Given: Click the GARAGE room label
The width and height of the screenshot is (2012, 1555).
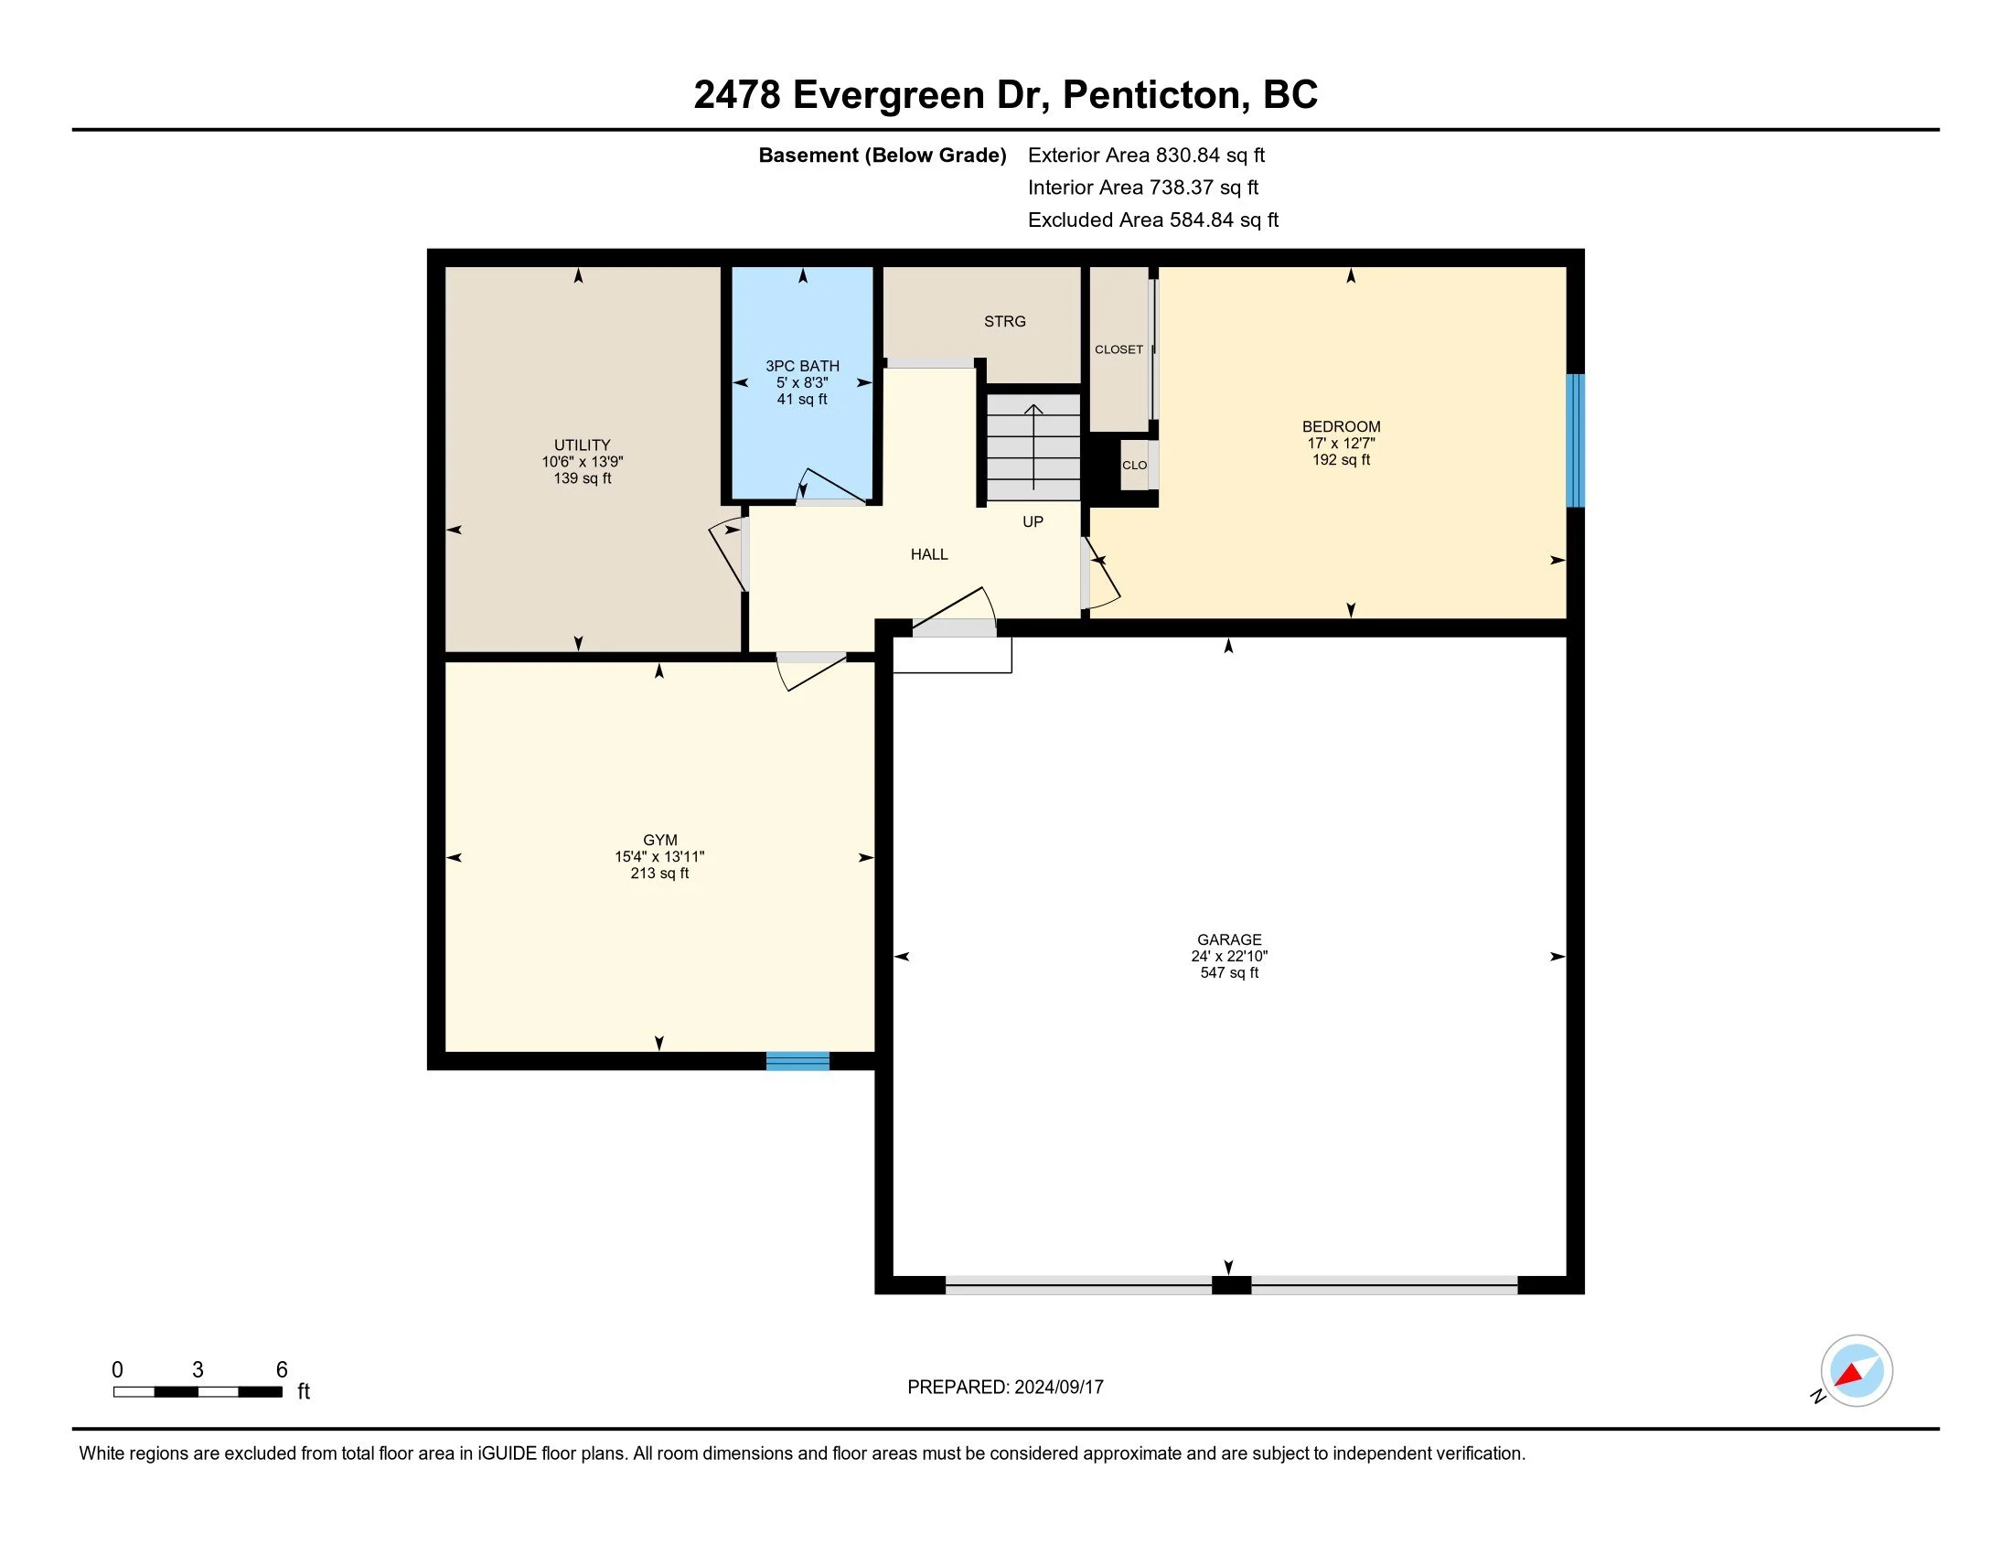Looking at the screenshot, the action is pos(1229,939).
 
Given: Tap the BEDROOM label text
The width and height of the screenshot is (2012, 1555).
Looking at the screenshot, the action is pos(1342,426).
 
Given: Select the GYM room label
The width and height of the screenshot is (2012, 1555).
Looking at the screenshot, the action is pos(659,840).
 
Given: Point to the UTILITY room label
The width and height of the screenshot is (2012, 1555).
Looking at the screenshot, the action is pos(583,445).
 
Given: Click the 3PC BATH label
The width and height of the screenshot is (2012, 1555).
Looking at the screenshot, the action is pos(802,366).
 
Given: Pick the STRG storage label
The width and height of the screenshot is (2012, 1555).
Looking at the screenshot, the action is pos(1004,321).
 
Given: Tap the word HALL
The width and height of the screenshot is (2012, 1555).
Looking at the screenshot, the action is pos(928,554).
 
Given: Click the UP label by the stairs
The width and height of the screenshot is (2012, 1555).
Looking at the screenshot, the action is pos(1033,521).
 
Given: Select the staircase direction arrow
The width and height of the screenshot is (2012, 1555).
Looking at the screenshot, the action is pos(1033,446).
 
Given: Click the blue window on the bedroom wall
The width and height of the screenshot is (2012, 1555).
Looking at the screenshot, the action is pos(1576,440).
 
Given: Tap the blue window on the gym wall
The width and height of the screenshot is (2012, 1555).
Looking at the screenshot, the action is pos(797,1061).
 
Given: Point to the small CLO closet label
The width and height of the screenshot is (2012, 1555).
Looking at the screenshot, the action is pos(1134,466).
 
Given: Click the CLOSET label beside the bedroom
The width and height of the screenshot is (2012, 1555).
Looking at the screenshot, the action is pos(1118,349).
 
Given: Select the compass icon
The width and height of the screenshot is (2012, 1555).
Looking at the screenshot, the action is pos(1856,1370).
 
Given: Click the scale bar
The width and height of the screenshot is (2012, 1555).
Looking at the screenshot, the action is pos(198,1391).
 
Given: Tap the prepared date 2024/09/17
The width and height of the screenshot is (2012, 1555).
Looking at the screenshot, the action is pos(1058,1387).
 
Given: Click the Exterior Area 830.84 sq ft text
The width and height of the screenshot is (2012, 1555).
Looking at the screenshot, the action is pos(1146,155).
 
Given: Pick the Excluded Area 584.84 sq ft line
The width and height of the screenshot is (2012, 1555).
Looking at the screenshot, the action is pos(1153,220).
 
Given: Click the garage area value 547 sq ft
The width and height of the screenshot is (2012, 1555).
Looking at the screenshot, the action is pos(1229,973).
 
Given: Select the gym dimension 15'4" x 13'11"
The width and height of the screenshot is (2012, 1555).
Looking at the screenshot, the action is pos(659,857).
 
